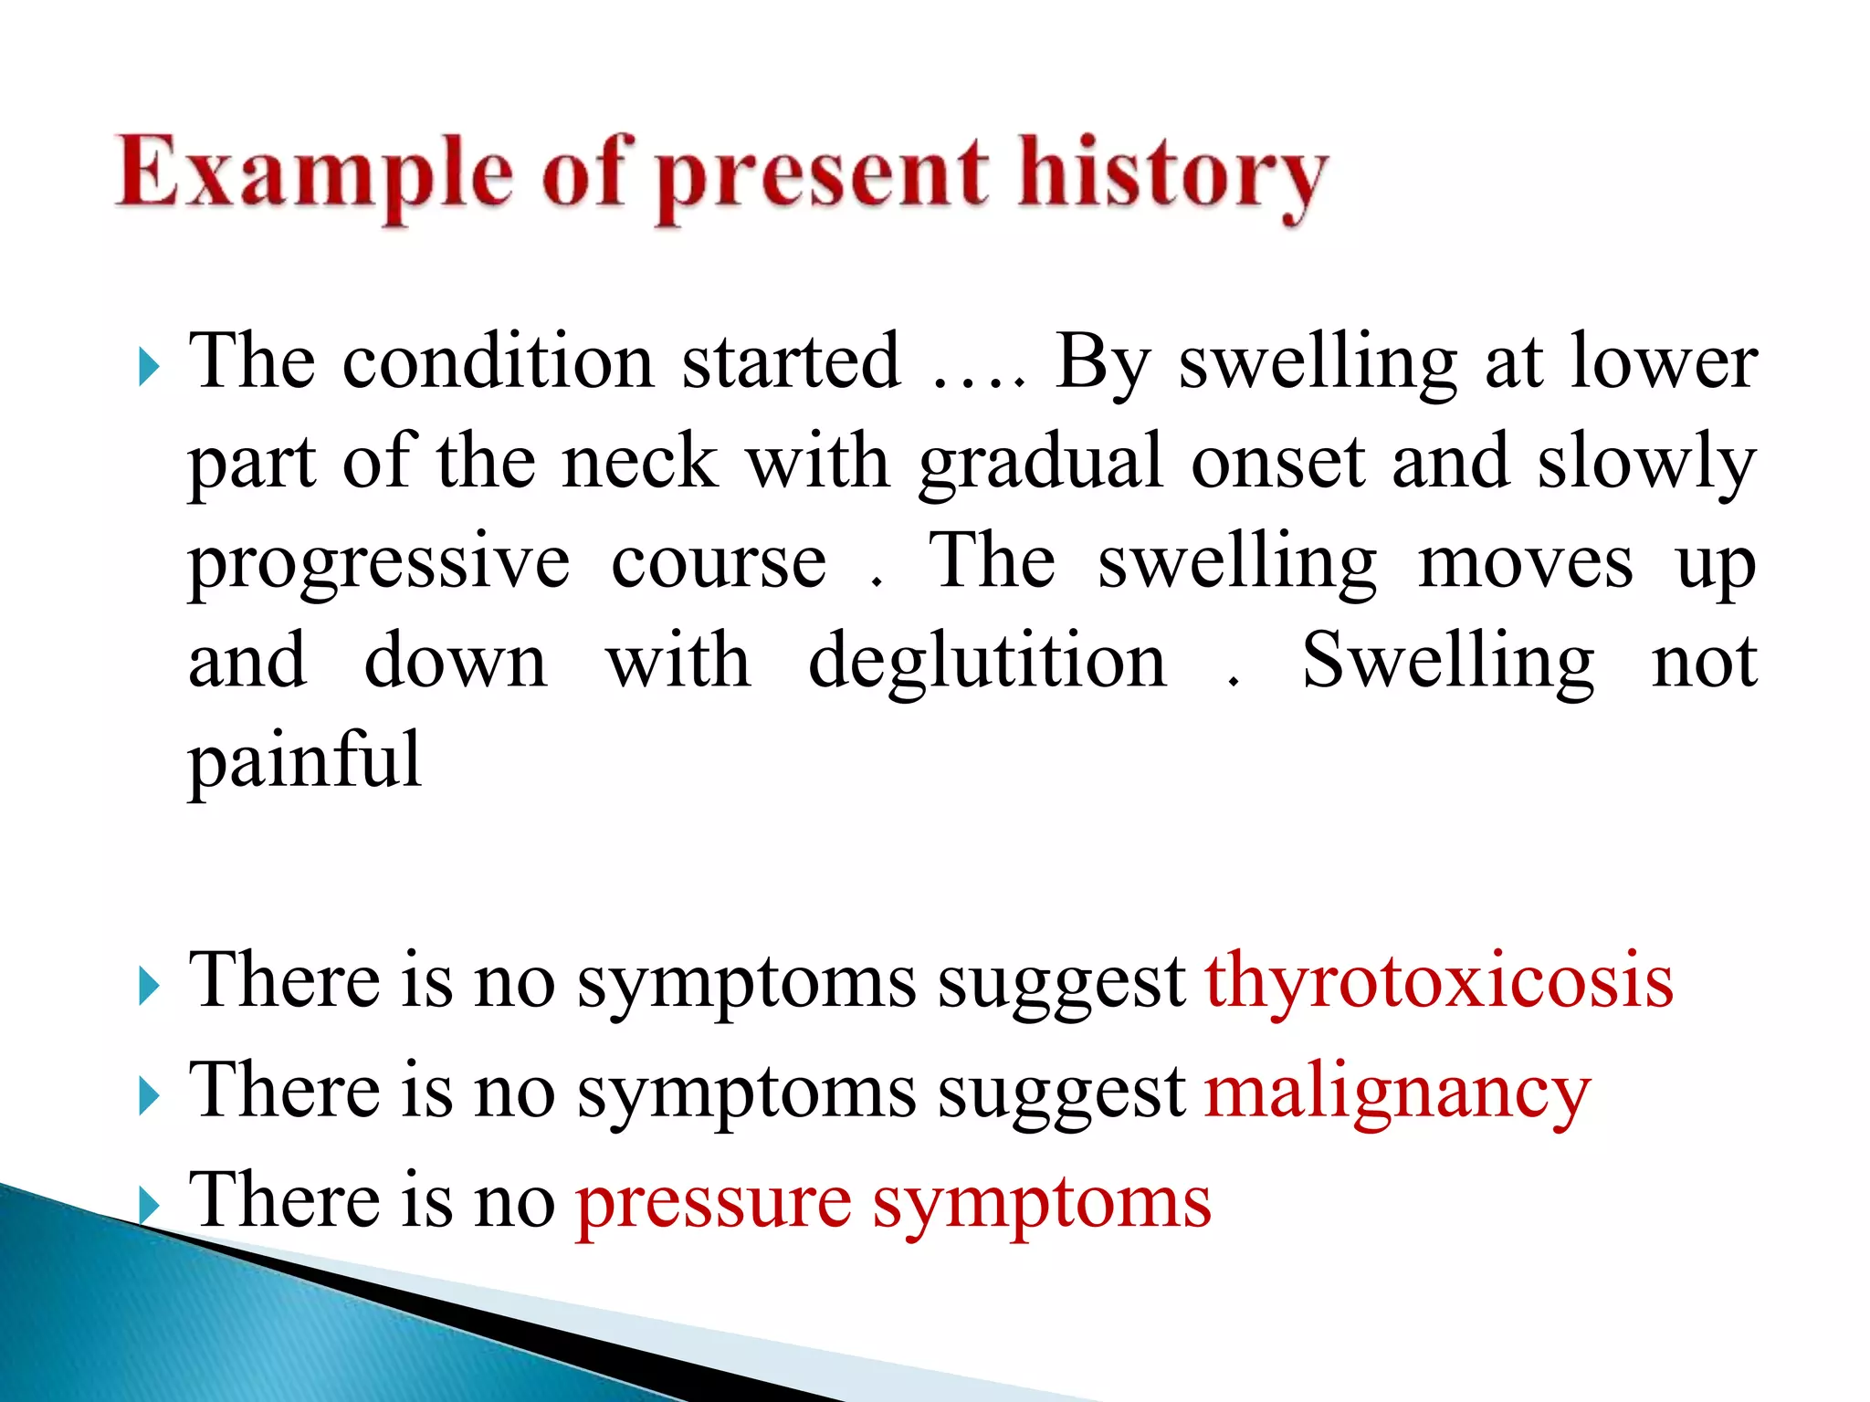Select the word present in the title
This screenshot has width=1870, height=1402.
[x=822, y=178]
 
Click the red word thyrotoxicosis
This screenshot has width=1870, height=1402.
[x=1439, y=981]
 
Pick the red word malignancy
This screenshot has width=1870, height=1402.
[x=1397, y=1093]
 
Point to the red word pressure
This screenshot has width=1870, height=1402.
[x=713, y=1204]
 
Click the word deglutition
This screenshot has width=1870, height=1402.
[x=987, y=661]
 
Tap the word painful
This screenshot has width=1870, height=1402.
[x=304, y=761]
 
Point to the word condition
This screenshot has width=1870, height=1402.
[x=498, y=361]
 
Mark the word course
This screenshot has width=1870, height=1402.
[x=719, y=562]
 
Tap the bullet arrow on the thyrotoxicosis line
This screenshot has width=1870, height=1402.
[x=149, y=987]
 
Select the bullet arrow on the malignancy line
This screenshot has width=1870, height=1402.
[x=149, y=1096]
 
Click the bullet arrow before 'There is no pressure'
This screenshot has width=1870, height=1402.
[x=149, y=1206]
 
